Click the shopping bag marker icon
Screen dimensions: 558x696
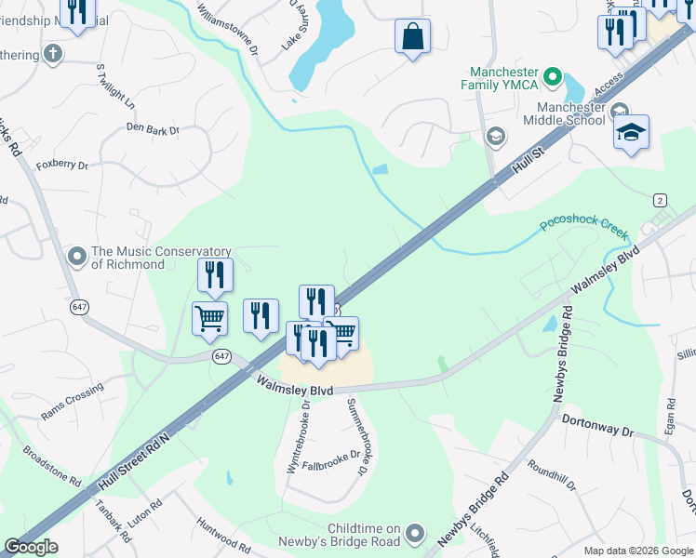click(x=412, y=37)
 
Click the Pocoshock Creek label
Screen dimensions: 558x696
click(x=583, y=227)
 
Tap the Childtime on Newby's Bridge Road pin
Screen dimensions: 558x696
click(x=415, y=534)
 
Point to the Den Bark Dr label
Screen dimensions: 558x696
click(x=153, y=130)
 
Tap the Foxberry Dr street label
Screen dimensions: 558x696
click(x=61, y=166)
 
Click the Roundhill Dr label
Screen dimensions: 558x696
click(x=552, y=473)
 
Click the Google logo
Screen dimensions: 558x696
click(x=31, y=547)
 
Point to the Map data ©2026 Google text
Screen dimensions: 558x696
click(x=637, y=551)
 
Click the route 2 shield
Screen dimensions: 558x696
click(x=660, y=201)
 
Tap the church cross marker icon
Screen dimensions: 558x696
click(x=53, y=53)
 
